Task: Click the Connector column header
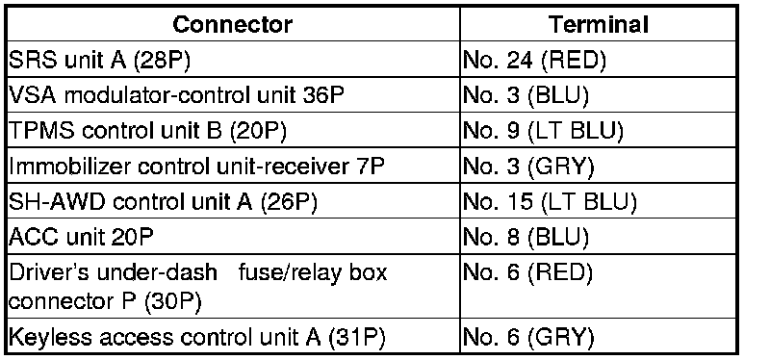pyautogui.click(x=232, y=24)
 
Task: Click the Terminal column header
pyautogui.click(x=598, y=24)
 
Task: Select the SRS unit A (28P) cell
pyautogui.click(x=232, y=60)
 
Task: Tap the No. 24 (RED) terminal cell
pyautogui.click(x=598, y=60)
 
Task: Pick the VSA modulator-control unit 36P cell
pyautogui.click(x=232, y=94)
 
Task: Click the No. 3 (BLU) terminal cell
pyautogui.click(x=598, y=94)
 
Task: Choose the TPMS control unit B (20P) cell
pyautogui.click(x=232, y=131)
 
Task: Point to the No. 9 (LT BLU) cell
pyautogui.click(x=598, y=131)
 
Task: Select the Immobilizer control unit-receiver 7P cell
pyautogui.click(x=232, y=166)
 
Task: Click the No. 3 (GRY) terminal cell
pyautogui.click(x=598, y=166)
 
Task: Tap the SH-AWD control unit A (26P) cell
pyautogui.click(x=232, y=201)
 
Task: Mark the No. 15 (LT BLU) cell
pyautogui.click(x=598, y=201)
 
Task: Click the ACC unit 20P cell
pyautogui.click(x=232, y=237)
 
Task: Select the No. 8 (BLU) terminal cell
pyautogui.click(x=598, y=237)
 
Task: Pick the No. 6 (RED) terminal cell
pyautogui.click(x=598, y=286)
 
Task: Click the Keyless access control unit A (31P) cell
pyautogui.click(x=232, y=336)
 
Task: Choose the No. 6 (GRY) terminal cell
pyautogui.click(x=598, y=336)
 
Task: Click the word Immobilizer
pyautogui.click(x=69, y=167)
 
